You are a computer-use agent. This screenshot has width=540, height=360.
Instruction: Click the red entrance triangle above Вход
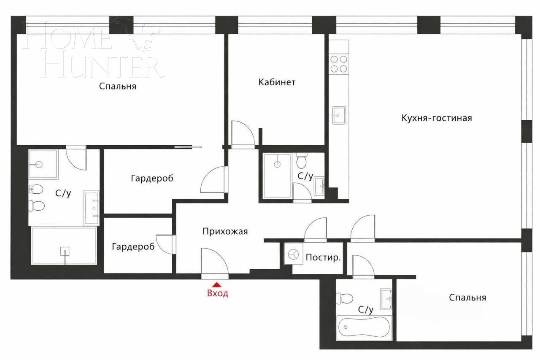point(217,285)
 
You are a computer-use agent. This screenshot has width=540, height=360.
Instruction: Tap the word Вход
point(218,293)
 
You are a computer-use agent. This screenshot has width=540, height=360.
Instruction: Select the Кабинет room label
point(277,82)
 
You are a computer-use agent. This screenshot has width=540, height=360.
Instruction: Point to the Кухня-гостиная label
point(436,118)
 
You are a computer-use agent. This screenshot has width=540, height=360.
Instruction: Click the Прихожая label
point(225,231)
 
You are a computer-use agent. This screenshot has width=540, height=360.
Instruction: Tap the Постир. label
point(323,257)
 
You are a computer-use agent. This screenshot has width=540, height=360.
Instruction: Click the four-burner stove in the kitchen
point(339,64)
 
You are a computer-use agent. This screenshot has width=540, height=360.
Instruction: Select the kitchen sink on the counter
point(339,115)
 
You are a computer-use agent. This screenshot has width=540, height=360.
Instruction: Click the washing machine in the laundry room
point(293,254)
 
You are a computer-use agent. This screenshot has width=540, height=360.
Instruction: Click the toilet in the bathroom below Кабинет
point(301,161)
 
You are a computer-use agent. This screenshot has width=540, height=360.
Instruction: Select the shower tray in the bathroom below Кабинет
point(277,176)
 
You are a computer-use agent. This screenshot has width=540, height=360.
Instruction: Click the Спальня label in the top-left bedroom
point(118,87)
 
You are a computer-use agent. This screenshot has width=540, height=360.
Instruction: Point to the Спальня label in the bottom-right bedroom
point(467,298)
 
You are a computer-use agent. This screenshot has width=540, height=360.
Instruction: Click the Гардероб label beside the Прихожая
point(133,246)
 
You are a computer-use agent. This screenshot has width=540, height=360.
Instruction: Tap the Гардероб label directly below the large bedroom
point(152,179)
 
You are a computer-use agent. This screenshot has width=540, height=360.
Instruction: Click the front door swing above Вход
point(214,262)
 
